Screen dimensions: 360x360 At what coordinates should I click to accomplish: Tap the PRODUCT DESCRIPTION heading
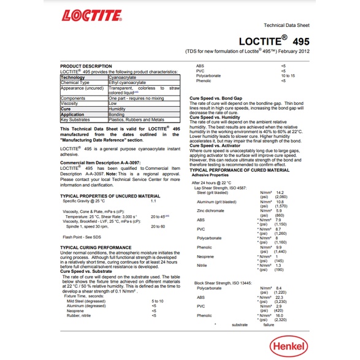click(86, 66)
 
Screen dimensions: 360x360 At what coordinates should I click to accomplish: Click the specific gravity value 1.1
click(154, 201)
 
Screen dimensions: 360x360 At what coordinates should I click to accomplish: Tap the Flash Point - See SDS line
click(83, 237)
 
